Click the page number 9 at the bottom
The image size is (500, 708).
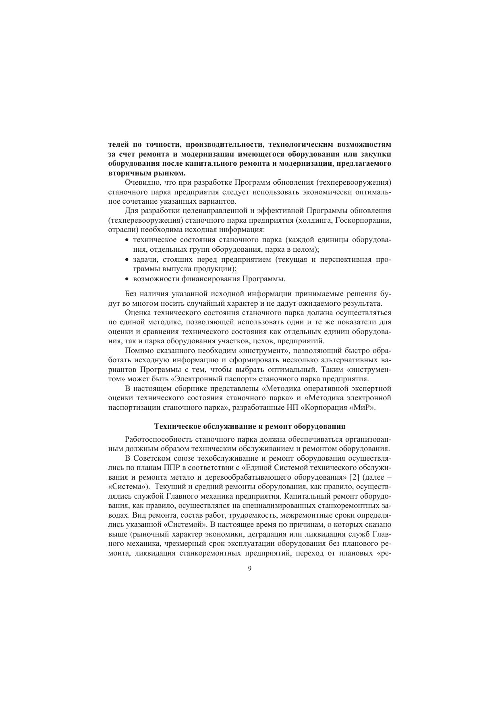250,569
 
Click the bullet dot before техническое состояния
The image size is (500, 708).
127,240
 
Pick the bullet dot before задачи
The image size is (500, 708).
127,260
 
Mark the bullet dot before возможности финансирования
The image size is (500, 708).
127,279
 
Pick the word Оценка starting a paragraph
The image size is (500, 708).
137,313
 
